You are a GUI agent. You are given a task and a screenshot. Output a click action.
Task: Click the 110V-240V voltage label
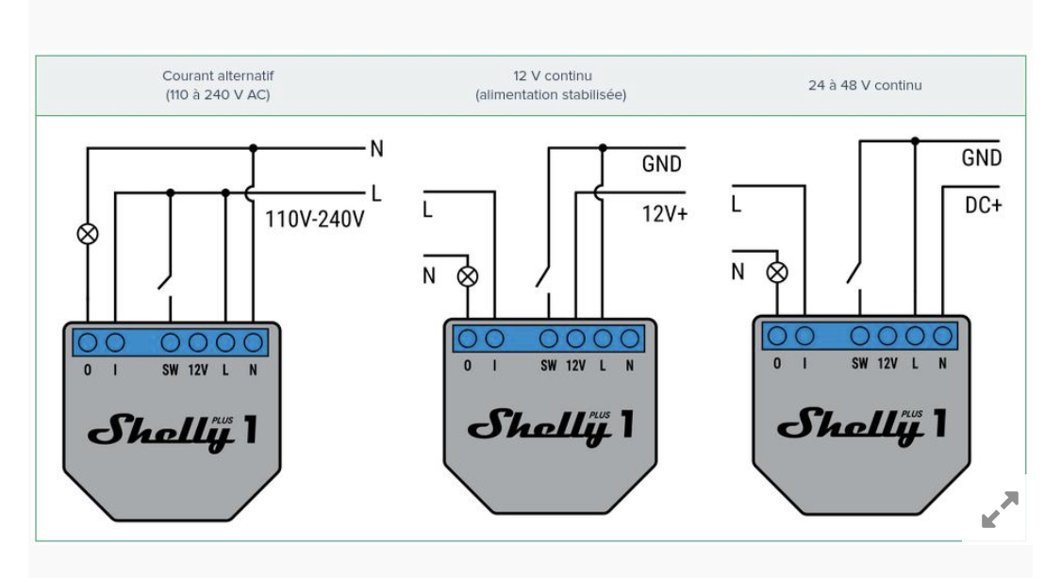[x=315, y=220]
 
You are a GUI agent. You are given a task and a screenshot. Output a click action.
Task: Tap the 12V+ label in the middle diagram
[x=665, y=214]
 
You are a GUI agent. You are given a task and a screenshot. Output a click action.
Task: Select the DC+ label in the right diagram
[x=983, y=205]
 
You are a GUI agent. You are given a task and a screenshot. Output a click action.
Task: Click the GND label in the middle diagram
[x=662, y=164]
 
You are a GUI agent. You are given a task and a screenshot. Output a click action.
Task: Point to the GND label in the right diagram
[x=981, y=157]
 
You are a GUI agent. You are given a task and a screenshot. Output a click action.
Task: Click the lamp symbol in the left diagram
[x=88, y=234]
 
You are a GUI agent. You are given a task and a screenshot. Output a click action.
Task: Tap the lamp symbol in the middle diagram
[x=468, y=276]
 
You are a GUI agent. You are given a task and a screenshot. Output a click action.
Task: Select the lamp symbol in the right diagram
[x=777, y=272]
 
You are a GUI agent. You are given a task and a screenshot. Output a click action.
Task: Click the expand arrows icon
[x=1000, y=510]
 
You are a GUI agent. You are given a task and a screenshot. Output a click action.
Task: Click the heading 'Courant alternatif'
[x=218, y=75]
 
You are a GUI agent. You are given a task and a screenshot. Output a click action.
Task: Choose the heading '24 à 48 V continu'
[x=865, y=85]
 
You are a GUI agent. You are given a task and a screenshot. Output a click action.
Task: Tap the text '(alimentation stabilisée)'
[x=551, y=94]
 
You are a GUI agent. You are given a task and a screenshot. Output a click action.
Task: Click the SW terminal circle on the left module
[x=170, y=342]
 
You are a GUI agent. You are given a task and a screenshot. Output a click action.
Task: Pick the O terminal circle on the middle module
[x=468, y=338]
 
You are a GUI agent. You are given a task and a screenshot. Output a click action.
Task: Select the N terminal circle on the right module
[x=942, y=335]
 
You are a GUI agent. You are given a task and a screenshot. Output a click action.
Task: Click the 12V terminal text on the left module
[x=198, y=371]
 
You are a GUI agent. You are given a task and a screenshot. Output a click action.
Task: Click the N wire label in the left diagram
[x=377, y=149]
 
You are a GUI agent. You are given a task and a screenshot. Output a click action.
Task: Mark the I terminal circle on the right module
[x=804, y=335]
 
